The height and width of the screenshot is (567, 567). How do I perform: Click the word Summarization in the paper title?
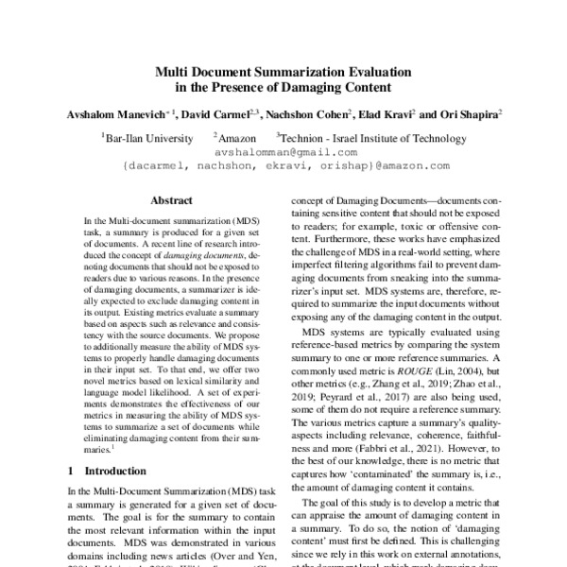[288, 71]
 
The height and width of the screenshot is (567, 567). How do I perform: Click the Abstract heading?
[171, 200]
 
